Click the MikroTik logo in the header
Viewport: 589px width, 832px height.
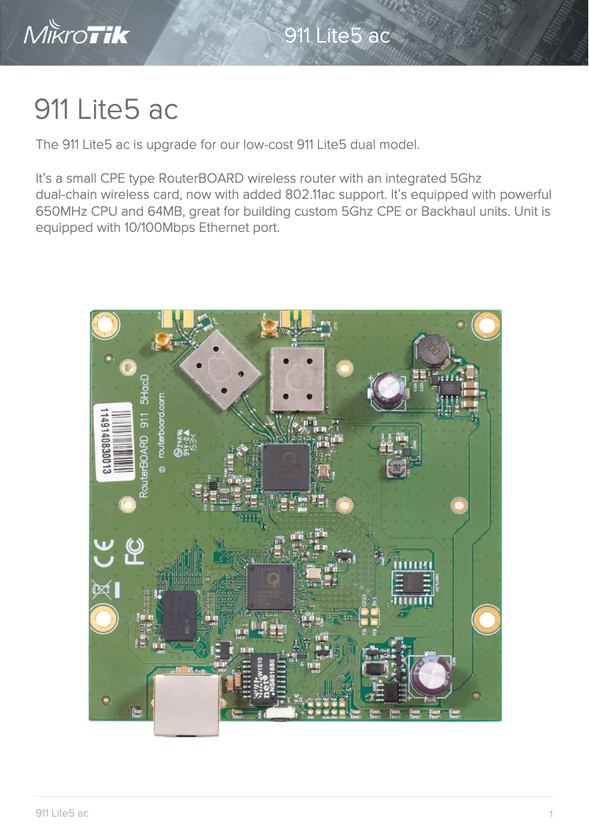click(x=76, y=34)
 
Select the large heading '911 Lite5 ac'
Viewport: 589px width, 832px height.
click(x=106, y=109)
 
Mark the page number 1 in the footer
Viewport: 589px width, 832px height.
click(x=550, y=814)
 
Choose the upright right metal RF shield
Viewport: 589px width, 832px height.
click(x=297, y=379)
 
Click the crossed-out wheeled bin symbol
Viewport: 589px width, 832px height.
click(x=103, y=589)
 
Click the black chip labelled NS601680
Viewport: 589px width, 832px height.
click(x=261, y=679)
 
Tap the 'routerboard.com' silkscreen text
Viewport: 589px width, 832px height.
click(x=162, y=432)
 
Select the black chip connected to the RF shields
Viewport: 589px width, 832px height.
click(x=286, y=467)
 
